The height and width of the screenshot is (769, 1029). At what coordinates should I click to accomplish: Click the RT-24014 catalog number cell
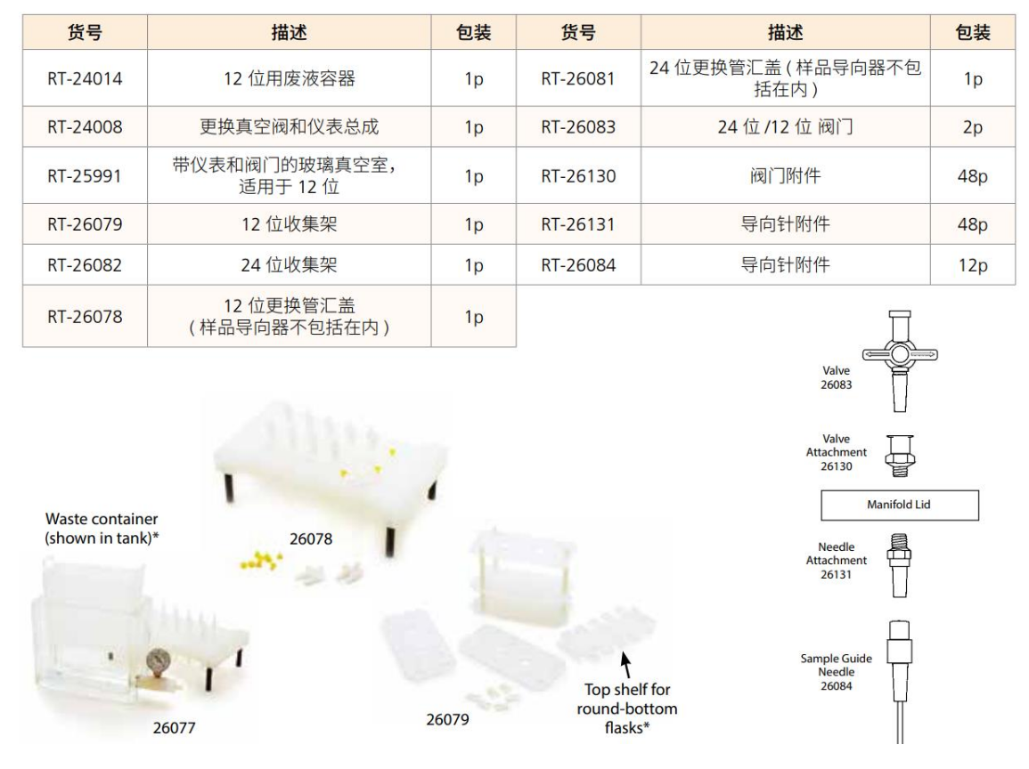85,79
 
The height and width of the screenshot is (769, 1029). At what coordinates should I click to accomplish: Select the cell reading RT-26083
577,127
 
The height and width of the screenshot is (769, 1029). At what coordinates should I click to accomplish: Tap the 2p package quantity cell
972,127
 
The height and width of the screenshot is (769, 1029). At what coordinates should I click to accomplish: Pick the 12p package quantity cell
972,265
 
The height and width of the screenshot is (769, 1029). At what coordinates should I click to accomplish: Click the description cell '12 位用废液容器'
289,79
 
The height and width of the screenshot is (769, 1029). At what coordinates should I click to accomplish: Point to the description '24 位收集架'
289,265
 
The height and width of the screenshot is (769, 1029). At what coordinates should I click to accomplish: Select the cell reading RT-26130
577,176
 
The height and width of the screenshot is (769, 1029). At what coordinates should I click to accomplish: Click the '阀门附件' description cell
785,176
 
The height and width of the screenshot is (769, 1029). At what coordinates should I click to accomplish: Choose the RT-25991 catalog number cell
85,176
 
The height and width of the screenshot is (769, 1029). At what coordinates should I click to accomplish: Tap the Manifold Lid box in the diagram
899,506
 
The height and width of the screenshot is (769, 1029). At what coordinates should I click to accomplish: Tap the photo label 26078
312,538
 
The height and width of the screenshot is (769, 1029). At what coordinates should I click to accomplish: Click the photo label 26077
172,727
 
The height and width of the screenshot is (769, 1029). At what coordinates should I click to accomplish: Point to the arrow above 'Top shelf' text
626,664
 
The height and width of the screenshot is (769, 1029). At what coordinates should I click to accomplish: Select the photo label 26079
447,719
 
